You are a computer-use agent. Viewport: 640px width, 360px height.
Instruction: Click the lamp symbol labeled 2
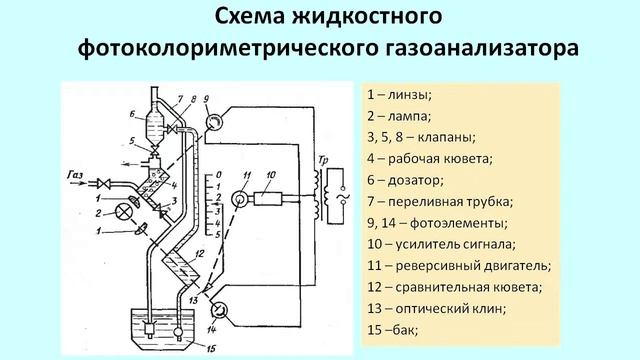point(122,212)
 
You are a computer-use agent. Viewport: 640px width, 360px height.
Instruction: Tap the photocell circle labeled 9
point(212,121)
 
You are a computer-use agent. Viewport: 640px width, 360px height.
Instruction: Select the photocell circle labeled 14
point(219,310)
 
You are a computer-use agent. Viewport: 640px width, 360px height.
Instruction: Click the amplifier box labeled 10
point(268,198)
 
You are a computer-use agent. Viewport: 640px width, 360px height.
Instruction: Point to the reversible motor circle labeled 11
point(239,199)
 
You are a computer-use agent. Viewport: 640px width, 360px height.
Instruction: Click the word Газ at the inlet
point(75,175)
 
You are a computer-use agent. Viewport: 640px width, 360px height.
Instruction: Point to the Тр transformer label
point(323,160)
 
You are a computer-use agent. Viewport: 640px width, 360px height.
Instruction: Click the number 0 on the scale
point(218,175)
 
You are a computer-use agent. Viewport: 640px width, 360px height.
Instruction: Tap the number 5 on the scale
point(218,235)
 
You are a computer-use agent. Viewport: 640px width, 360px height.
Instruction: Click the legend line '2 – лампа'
point(399,116)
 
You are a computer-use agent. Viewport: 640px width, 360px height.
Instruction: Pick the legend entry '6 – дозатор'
point(405,180)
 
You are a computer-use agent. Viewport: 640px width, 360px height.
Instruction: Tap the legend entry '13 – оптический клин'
point(437,309)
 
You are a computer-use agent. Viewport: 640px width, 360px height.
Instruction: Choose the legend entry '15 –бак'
point(393,330)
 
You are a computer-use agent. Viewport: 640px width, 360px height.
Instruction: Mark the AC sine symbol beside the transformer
point(342,199)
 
